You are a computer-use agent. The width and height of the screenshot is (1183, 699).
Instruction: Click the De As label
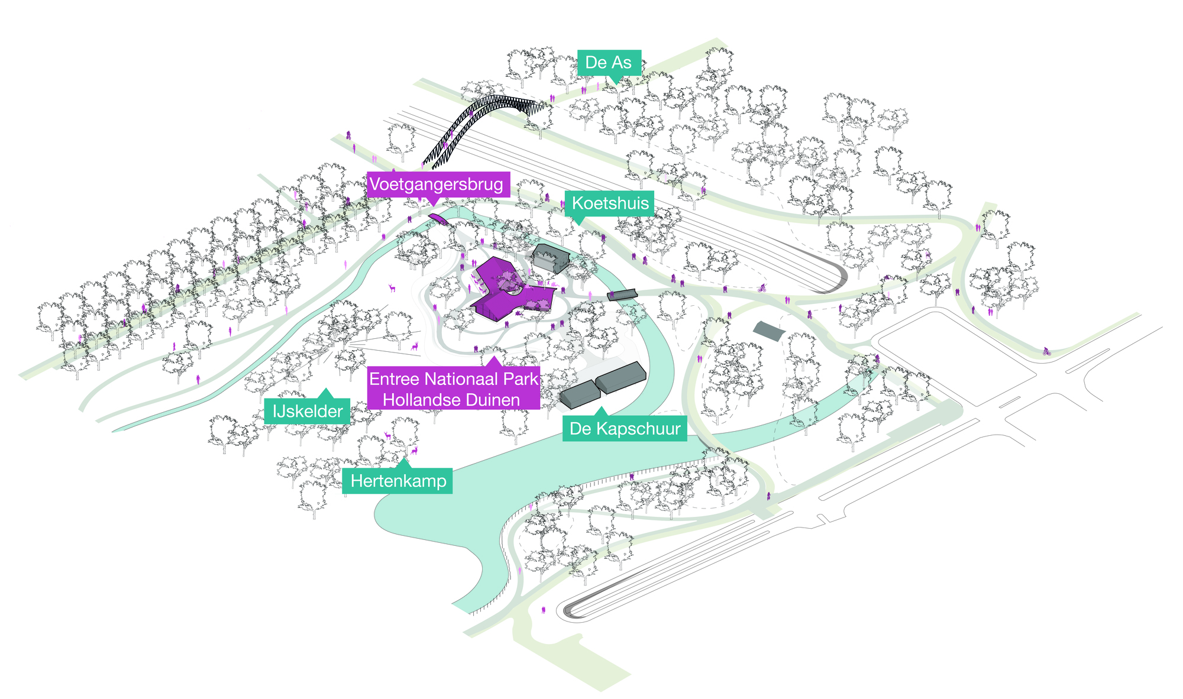tap(609, 63)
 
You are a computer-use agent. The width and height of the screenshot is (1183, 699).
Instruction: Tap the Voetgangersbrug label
tap(437, 185)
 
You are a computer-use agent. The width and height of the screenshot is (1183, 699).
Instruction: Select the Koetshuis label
tap(610, 204)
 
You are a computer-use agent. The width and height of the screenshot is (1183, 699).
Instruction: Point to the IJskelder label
tap(308, 411)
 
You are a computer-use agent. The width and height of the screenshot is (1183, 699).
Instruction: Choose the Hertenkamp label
tap(398, 481)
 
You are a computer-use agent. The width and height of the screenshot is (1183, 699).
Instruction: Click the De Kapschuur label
tap(625, 429)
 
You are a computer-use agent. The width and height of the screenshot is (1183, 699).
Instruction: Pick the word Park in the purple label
tap(522, 379)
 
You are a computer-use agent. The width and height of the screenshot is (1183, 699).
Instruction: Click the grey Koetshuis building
tap(551, 258)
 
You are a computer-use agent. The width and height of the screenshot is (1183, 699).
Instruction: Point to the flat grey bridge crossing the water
tap(622, 294)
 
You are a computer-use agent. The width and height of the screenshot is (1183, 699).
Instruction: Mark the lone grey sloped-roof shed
tap(769, 331)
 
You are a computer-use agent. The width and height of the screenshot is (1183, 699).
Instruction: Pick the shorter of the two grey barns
tap(580, 394)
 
